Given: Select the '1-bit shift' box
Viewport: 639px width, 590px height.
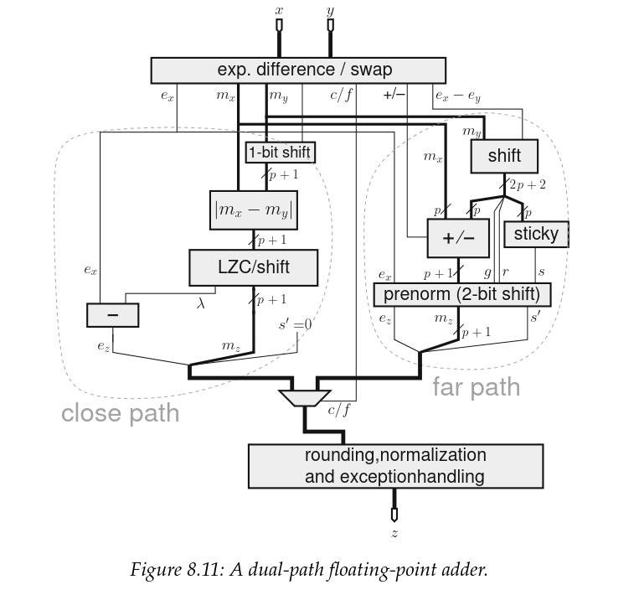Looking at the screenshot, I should [x=279, y=153].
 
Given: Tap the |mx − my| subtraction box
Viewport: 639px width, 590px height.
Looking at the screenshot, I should [x=255, y=210].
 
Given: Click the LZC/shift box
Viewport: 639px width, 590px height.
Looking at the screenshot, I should [x=253, y=267].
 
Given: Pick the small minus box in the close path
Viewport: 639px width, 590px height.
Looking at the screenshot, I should [x=112, y=315].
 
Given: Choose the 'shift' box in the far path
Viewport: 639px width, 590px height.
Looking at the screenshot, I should [x=503, y=155].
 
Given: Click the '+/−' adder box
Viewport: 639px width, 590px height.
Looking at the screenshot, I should [x=457, y=238].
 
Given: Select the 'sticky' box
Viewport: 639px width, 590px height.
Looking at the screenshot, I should [x=536, y=234].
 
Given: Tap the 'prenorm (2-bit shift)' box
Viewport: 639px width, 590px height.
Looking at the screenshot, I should [x=461, y=294].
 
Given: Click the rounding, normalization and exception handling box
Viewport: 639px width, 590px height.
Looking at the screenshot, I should [x=394, y=466].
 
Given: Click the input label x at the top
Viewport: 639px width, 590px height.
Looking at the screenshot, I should [x=279, y=10].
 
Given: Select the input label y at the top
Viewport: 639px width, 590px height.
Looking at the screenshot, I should [x=330, y=10].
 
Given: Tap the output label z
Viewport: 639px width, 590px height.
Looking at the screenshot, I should [x=394, y=533].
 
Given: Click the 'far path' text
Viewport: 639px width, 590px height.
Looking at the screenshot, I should [x=476, y=387].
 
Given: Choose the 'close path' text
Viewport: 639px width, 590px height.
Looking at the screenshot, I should [x=120, y=413].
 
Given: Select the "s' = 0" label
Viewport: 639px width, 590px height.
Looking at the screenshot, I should [x=295, y=324].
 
